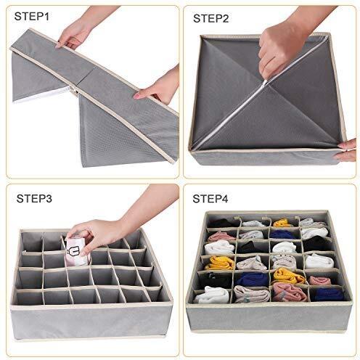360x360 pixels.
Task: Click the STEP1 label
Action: (32, 16)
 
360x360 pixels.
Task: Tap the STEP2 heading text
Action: (210, 18)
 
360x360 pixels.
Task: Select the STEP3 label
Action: (34, 198)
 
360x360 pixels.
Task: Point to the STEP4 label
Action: (210, 199)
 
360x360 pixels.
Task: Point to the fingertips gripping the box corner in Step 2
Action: (348, 150)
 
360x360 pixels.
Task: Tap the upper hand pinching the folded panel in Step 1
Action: (73, 35)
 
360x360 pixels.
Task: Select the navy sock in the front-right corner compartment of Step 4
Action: (328, 295)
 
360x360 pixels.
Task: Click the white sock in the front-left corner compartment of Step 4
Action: (212, 295)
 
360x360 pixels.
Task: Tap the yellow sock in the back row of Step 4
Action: (282, 223)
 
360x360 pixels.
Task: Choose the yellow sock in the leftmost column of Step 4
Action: (220, 263)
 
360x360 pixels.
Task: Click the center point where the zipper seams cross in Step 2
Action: (265, 84)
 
